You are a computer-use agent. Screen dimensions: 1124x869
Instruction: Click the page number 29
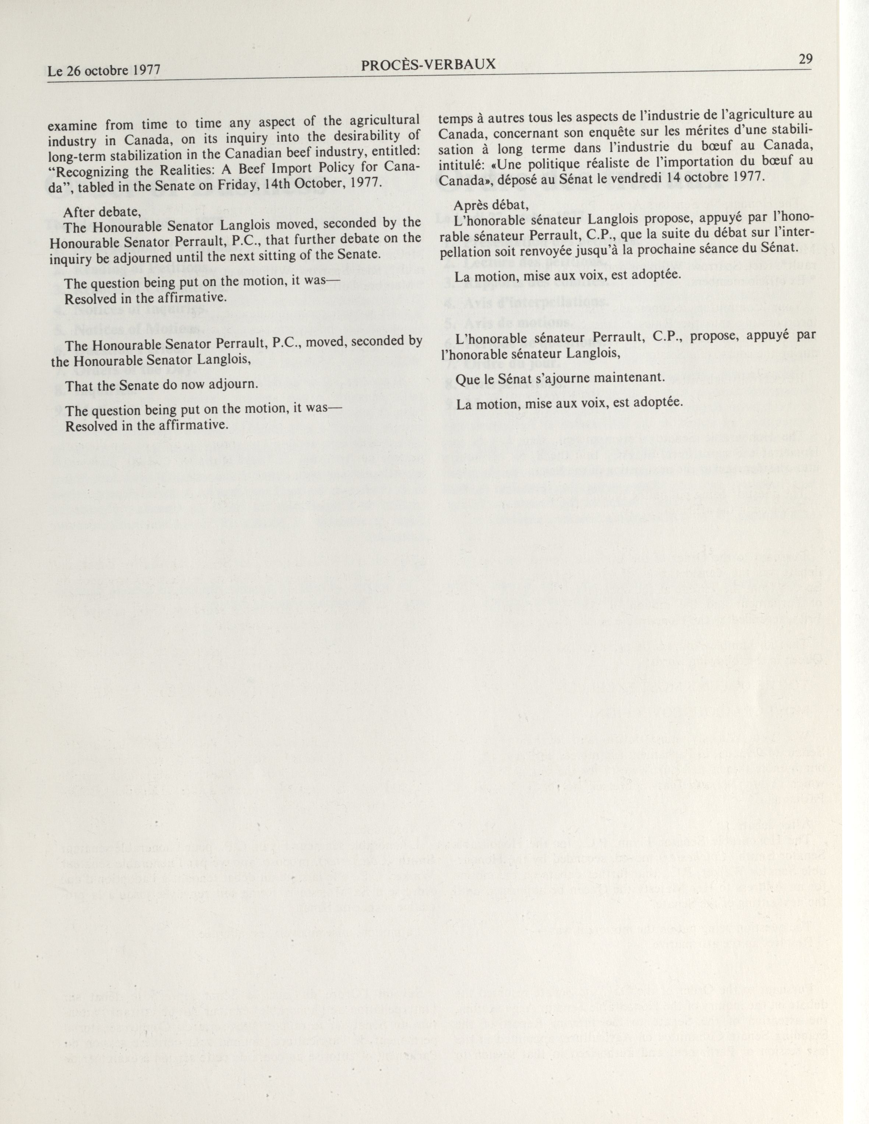[x=805, y=59]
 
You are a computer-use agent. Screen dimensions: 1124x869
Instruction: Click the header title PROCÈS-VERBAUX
[x=428, y=64]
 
